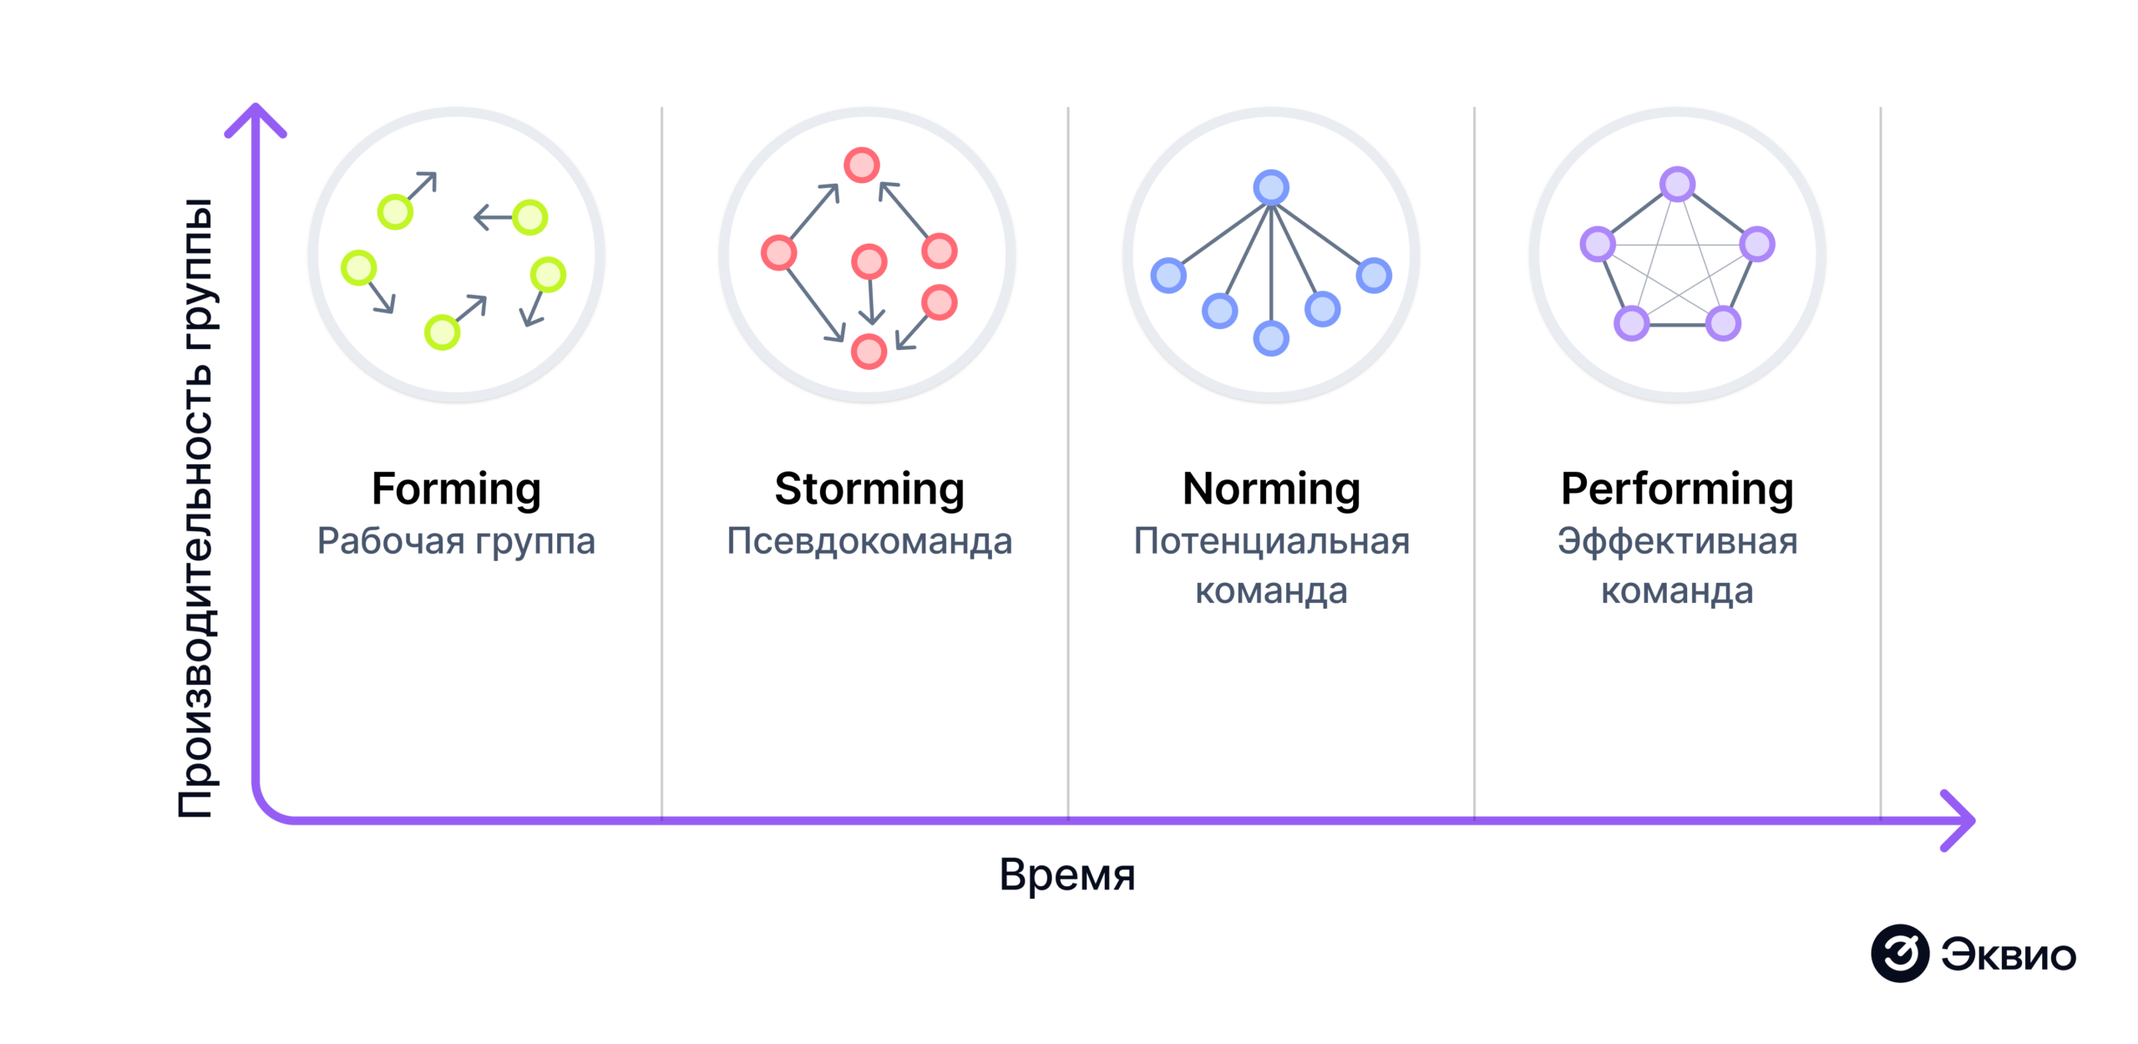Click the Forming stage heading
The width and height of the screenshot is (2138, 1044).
pos(456,489)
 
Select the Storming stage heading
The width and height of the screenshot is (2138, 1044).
pos(869,489)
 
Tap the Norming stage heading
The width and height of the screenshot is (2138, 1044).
pos(1271,489)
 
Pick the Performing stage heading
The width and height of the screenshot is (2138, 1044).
pos(1677,489)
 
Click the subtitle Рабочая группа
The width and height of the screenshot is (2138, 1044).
pos(456,541)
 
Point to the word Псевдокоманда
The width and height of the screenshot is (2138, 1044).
pos(869,541)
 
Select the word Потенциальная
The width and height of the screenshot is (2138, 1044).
pos(1271,541)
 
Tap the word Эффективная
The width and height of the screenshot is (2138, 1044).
pos(1677,541)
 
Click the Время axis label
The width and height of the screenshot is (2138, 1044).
pos(1067,874)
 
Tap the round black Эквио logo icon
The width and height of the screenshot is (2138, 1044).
pos(1899,953)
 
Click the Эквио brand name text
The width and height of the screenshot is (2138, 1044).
pos(2008,955)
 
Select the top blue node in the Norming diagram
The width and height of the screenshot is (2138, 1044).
pos(1271,188)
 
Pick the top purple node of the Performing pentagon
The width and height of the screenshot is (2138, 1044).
pos(1677,185)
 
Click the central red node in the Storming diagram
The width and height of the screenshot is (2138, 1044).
pos(869,261)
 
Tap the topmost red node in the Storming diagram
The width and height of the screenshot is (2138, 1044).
pos(861,165)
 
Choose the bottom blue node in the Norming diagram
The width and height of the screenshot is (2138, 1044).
pos(1271,338)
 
